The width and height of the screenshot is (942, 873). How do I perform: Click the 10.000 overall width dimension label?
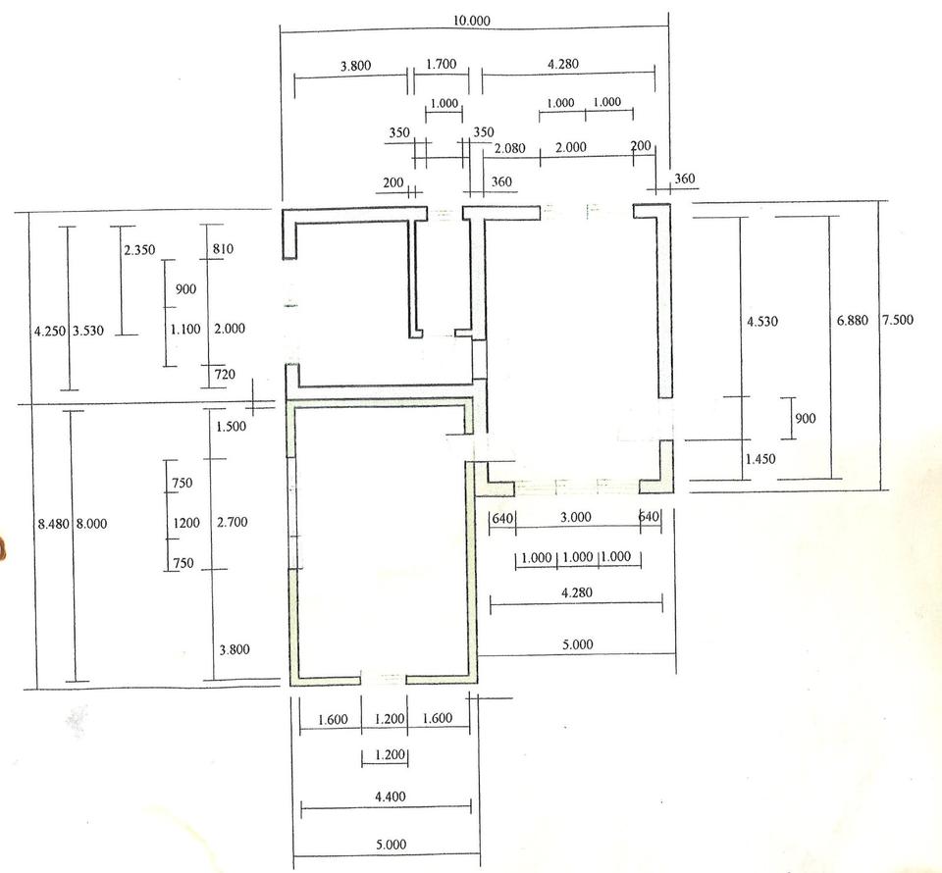pyautogui.click(x=472, y=21)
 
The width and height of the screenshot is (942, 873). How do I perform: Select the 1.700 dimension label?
pyautogui.click(x=442, y=64)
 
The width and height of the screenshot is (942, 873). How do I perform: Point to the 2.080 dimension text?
pyautogui.click(x=509, y=148)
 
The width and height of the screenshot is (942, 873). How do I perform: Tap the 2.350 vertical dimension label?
pyautogui.click(x=139, y=249)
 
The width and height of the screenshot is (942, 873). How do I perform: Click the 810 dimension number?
pyautogui.click(x=223, y=248)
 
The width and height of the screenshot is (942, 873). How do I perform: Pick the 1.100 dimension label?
pyautogui.click(x=185, y=329)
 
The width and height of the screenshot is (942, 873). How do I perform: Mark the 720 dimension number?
pyautogui.click(x=225, y=374)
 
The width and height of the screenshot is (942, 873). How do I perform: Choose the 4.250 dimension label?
pyautogui.click(x=50, y=331)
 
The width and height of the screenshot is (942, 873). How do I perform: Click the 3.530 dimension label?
pyautogui.click(x=88, y=331)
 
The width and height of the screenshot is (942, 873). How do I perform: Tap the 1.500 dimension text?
pyautogui.click(x=232, y=427)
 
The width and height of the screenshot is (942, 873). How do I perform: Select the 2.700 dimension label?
pyautogui.click(x=233, y=522)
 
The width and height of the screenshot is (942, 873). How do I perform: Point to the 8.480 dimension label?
pyautogui.click(x=53, y=524)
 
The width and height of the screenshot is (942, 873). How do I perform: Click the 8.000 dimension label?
pyautogui.click(x=91, y=524)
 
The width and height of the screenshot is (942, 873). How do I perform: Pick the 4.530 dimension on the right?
pyautogui.click(x=762, y=321)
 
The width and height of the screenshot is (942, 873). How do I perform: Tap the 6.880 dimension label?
pyautogui.click(x=853, y=320)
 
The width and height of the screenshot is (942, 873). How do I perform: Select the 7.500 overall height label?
pyautogui.click(x=898, y=319)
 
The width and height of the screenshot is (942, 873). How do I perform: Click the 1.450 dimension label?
pyautogui.click(x=760, y=459)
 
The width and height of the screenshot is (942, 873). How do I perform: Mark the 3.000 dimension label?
pyautogui.click(x=576, y=517)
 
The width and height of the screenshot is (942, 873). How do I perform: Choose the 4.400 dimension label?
pyautogui.click(x=391, y=796)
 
